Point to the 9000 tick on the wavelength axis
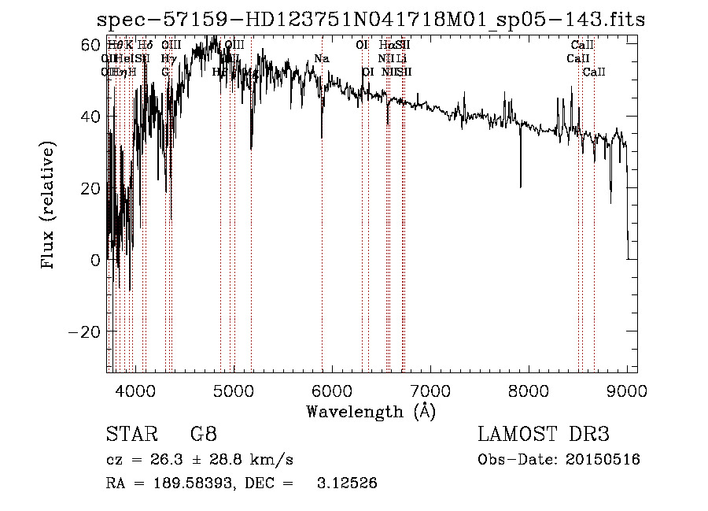click(x=627, y=390)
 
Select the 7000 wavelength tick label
click(x=430, y=390)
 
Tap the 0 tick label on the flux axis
click(x=95, y=260)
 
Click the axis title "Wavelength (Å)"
click(x=371, y=411)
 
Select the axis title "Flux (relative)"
click(x=49, y=206)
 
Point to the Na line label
click(x=321, y=59)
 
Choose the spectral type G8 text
click(x=204, y=435)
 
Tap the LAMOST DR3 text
click(x=544, y=435)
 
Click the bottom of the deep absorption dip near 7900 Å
click(x=520, y=187)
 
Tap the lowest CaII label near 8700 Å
click(x=594, y=72)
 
